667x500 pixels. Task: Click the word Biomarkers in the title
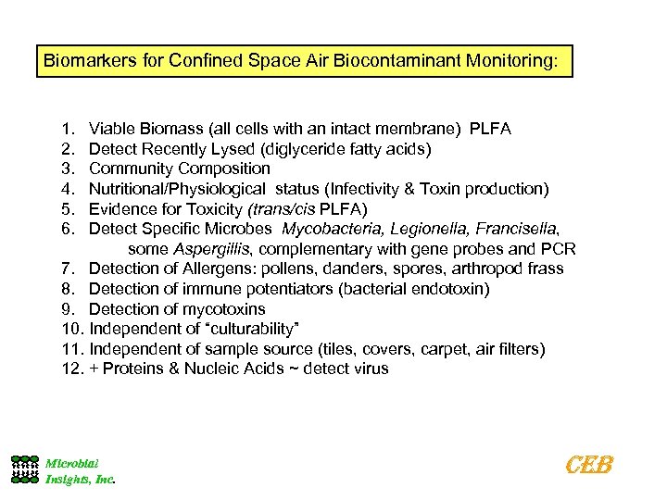85,62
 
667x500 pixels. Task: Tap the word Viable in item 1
111,128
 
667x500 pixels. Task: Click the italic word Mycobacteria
330,229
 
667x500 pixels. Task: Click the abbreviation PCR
560,249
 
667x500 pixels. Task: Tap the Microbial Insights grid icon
25,469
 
